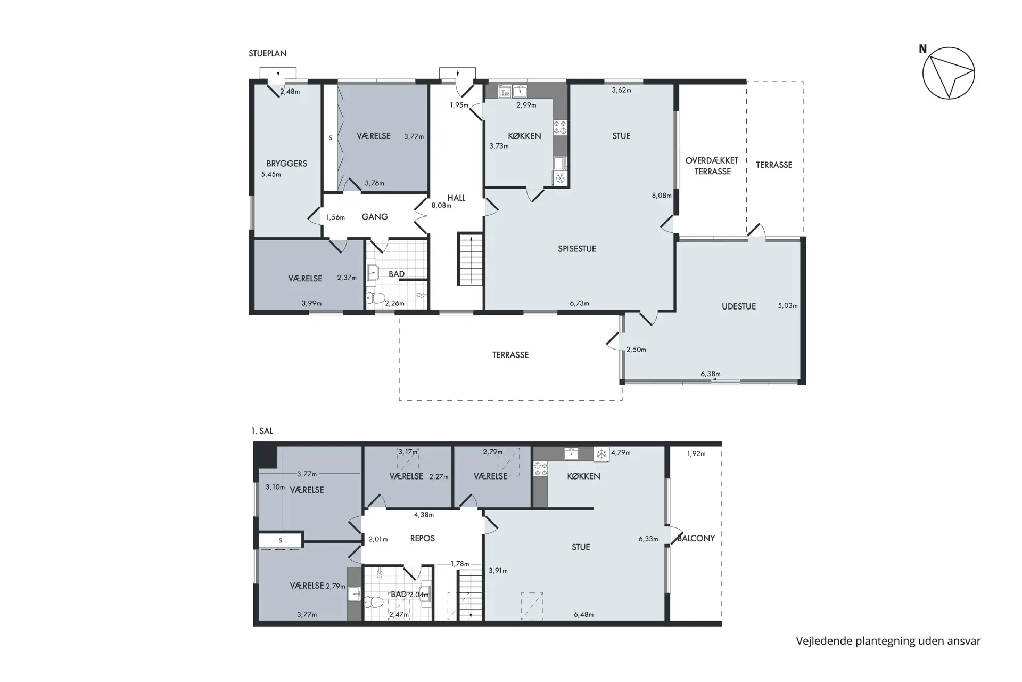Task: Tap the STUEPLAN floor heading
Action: coord(268,53)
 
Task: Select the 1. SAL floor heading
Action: coord(262,431)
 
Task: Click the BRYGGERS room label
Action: coord(287,164)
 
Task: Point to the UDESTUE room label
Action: coord(739,306)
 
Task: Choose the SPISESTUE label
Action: coord(577,249)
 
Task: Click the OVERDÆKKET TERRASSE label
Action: coord(712,166)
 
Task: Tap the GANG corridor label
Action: coord(375,217)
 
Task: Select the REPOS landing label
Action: coord(423,538)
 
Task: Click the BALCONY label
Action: coord(696,538)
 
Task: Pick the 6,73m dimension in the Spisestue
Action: coord(579,303)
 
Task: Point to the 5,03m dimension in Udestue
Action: coord(788,305)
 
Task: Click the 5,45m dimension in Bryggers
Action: coord(271,174)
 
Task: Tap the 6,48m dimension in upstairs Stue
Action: coord(583,614)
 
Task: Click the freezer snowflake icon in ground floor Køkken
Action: coord(561,178)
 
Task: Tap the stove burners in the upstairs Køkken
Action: coord(540,468)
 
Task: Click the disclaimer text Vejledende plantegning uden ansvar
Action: coord(888,641)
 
